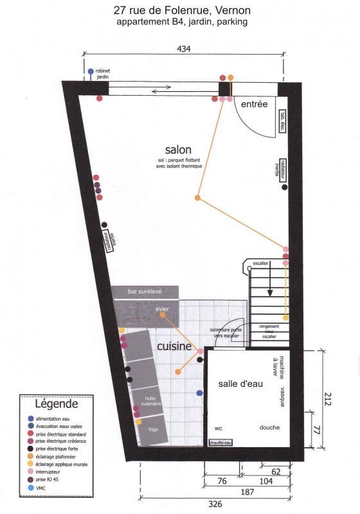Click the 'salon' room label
pyautogui.click(x=178, y=150)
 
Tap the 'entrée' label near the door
pyautogui.click(x=254, y=104)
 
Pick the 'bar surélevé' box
pyautogui.click(x=145, y=292)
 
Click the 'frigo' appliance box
pyautogui.click(x=152, y=428)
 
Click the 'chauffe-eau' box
pyautogui.click(x=221, y=443)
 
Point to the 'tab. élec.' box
pyautogui.click(x=282, y=122)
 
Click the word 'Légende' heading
pyautogui.click(x=55, y=405)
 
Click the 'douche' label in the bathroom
pyautogui.click(x=269, y=427)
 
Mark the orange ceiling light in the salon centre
pyautogui.click(x=198, y=197)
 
